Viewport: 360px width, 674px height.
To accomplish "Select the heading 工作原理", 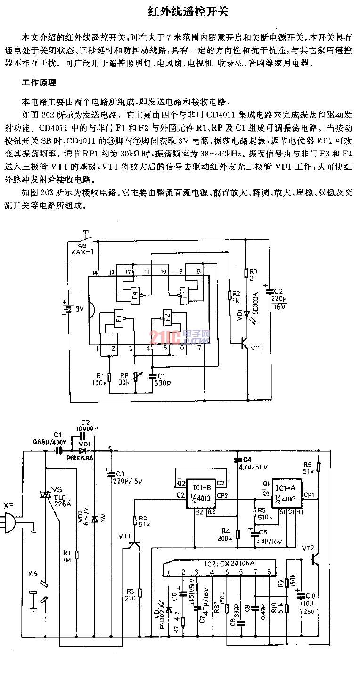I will (x=39, y=82).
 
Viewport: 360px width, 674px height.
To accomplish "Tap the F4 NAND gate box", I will (x=136, y=295).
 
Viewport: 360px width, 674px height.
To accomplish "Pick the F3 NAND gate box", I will (x=184, y=295).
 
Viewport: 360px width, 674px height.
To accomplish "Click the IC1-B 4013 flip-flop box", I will (x=201, y=492).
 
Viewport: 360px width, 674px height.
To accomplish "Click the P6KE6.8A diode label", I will (x=81, y=458).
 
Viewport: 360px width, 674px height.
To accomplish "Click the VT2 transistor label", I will (x=307, y=548).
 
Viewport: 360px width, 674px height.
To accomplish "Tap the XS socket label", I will (x=33, y=574).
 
